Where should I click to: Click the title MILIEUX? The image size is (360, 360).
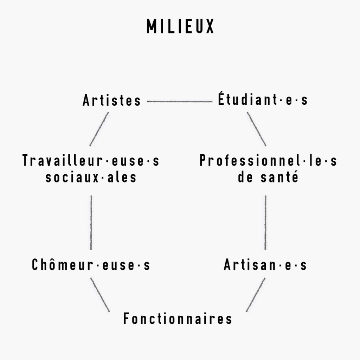coord(180,26)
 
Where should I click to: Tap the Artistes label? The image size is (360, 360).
coord(111,100)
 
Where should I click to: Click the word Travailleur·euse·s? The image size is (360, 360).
coord(91,160)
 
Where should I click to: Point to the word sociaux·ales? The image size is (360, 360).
coord(91,177)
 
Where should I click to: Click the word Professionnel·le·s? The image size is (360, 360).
coord(268,160)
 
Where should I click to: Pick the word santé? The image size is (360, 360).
coord(279,177)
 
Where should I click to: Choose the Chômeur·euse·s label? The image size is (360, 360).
coord(91,264)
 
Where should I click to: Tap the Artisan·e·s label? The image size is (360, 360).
coord(265,264)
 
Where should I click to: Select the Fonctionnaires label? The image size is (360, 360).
coord(178,319)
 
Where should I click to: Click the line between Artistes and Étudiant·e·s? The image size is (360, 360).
coord(180,101)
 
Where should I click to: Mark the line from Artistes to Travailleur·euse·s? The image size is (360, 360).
coord(99,129)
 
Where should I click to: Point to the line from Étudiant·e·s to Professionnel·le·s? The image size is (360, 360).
coord(256,129)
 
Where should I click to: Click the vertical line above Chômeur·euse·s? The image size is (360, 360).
coord(91,223)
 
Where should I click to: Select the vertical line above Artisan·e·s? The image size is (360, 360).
coord(265,223)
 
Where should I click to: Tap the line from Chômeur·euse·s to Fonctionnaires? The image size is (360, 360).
coord(100,295)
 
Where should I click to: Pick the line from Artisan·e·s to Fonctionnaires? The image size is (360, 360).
coord(256,295)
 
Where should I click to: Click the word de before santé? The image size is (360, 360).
coord(245,177)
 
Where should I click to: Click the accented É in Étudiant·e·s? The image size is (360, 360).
coord(221,98)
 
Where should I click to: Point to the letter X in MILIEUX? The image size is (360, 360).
coord(210,26)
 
